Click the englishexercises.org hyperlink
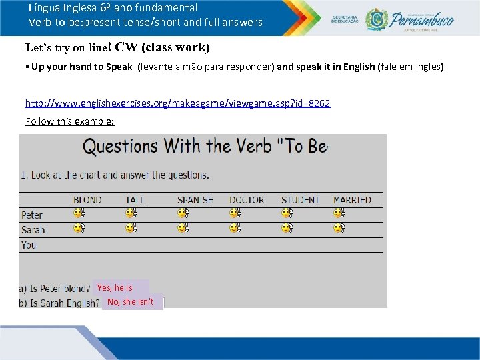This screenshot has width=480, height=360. coord(177,103)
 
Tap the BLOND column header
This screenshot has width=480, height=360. coord(87,200)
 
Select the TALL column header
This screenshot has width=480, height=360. coord(135,200)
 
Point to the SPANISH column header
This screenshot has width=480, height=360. coord(195,200)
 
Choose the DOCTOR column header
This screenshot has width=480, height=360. coord(247,200)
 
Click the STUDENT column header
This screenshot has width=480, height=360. coord(300,200)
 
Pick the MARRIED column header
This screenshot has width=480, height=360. coord(352,200)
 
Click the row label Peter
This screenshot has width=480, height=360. coord(32,215)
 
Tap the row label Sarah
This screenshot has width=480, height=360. coord(33,230)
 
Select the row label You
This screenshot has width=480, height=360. coord(29,245)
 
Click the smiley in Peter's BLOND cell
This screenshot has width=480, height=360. coord(79,213)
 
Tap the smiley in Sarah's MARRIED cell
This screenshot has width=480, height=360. coord(339,228)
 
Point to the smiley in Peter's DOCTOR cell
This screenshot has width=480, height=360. coord(235,213)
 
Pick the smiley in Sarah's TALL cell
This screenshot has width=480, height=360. coord(131,228)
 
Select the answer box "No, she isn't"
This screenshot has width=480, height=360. coord(132,302)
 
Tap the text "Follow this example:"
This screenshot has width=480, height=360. coord(70,121)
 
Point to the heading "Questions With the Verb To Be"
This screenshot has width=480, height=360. coord(205,146)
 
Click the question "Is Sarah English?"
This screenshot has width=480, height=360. coord(60,303)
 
